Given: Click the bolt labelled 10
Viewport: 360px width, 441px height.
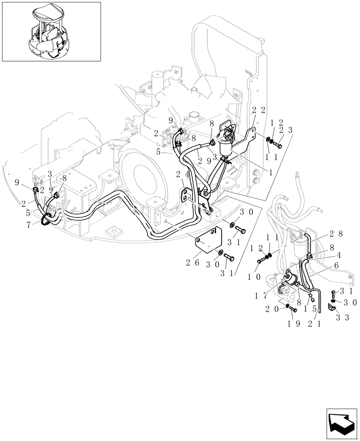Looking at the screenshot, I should (260, 261).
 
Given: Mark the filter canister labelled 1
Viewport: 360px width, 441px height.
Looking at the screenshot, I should (226, 147).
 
